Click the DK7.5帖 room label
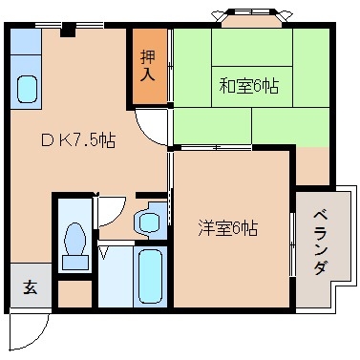pyautogui.click(x=78, y=140)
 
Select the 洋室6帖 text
pyautogui.click(x=226, y=228)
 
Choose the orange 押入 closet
pyautogui.click(x=149, y=66)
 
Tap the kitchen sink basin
pyautogui.click(x=28, y=90)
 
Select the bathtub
pyautogui.click(x=149, y=276)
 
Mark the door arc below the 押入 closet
pyautogui.click(x=151, y=127)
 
